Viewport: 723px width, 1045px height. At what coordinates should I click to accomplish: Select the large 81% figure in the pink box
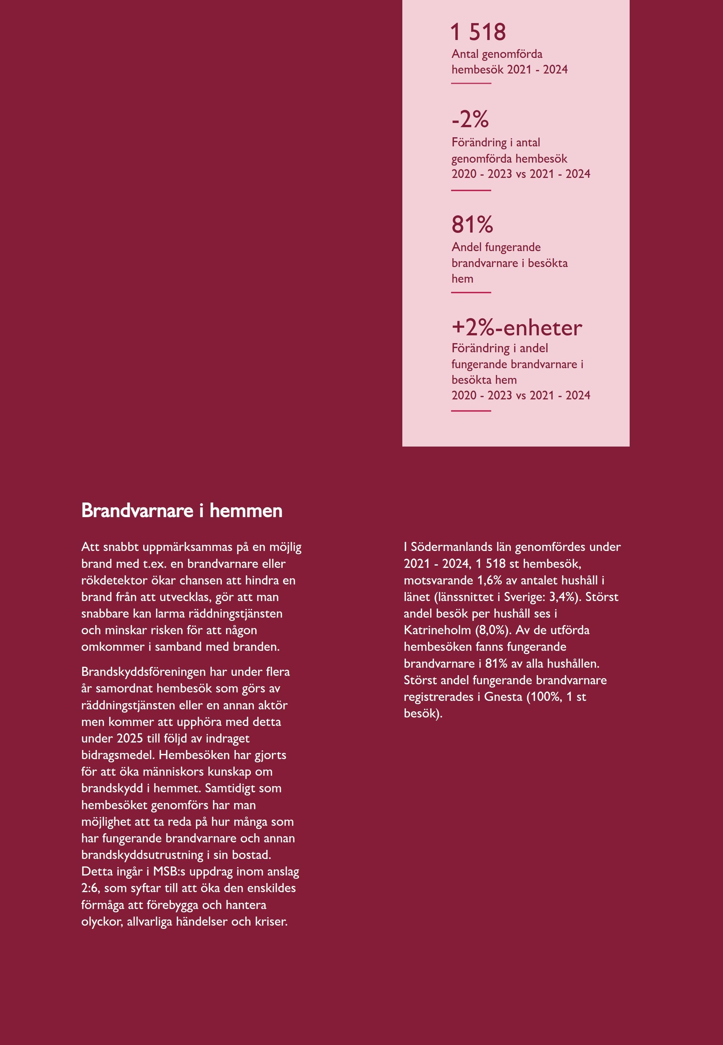(x=472, y=225)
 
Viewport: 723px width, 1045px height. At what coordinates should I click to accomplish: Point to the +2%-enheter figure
(x=516, y=328)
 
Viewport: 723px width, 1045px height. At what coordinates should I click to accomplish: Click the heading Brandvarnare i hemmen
(x=182, y=511)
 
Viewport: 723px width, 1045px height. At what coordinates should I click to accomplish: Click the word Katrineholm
(x=437, y=630)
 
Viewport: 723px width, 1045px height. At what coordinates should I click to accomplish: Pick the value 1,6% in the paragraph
(x=490, y=580)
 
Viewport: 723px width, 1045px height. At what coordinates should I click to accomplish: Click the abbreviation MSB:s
(x=169, y=872)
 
